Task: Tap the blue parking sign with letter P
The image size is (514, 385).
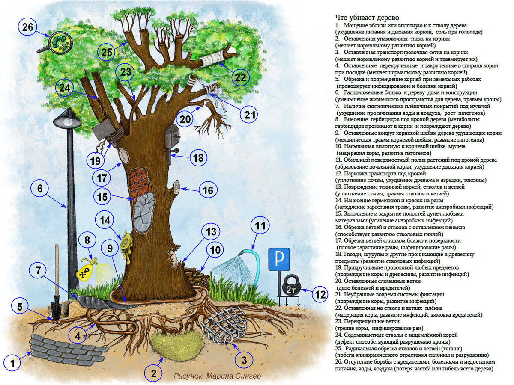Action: [279, 259]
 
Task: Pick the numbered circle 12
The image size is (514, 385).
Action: [320, 295]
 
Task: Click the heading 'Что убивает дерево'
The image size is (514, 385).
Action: [367, 18]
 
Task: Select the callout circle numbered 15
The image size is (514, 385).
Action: [103, 198]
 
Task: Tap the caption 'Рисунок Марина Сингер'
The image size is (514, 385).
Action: [217, 376]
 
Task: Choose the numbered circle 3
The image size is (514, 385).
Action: [244, 360]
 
